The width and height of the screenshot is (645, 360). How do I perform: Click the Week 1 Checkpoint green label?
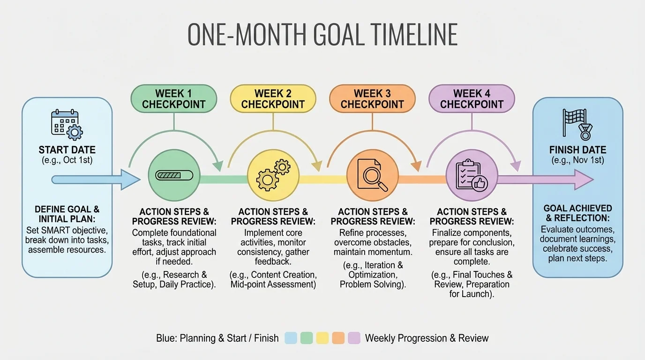pyautogui.click(x=173, y=99)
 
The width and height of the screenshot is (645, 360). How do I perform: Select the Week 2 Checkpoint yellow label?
pyautogui.click(x=273, y=99)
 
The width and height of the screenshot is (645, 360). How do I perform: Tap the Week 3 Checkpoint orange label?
pyautogui.click(x=372, y=99)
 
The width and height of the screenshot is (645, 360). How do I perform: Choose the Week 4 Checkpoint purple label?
pyautogui.click(x=472, y=99)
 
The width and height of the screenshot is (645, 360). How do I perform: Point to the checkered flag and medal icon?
pyautogui.click(x=577, y=124)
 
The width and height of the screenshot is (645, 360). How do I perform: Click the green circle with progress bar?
pyautogui.click(x=174, y=175)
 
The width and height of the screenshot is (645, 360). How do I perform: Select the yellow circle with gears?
pyautogui.click(x=273, y=175)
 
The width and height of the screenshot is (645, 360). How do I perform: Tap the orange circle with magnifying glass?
pyautogui.click(x=373, y=175)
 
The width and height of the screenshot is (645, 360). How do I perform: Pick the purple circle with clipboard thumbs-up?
pyautogui.click(x=472, y=175)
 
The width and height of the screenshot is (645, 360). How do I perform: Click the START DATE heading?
pyautogui.click(x=67, y=150)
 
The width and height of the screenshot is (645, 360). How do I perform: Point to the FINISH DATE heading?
pyautogui.click(x=577, y=150)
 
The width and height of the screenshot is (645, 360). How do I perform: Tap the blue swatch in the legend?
pyautogui.click(x=291, y=338)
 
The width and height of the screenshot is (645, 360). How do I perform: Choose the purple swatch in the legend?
pyautogui.click(x=354, y=338)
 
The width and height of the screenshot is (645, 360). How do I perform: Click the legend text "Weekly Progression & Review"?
pyautogui.click(x=427, y=338)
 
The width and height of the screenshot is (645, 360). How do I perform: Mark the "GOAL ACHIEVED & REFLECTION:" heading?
pyautogui.click(x=577, y=213)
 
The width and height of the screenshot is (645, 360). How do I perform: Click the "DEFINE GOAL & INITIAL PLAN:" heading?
pyautogui.click(x=67, y=214)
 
